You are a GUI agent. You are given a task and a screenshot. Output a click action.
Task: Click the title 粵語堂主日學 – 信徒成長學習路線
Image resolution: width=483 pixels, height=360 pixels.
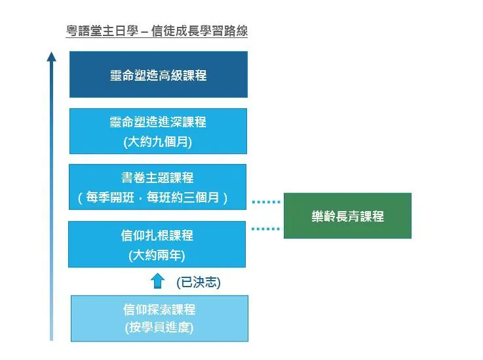tap(157, 31)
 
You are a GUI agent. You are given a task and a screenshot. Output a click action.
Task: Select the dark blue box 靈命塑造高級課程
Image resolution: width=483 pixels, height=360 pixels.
tap(158, 75)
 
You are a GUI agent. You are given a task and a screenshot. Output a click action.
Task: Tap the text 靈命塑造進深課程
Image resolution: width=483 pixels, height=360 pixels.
tap(158, 122)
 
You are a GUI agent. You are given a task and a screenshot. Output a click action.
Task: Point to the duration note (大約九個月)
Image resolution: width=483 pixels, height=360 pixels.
tap(158, 141)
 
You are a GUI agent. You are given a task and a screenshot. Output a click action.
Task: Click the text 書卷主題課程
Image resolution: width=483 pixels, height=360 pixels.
tap(158, 178)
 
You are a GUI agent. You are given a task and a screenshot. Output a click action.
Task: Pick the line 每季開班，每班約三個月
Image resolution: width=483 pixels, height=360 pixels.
tap(158, 197)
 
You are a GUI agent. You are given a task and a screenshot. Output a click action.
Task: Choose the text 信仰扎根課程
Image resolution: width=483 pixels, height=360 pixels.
tap(158, 235)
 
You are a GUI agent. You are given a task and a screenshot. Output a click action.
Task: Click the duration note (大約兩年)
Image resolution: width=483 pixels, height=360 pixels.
tap(158, 254)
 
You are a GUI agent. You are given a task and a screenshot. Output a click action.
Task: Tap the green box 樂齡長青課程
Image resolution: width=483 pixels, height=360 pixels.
tap(347, 216)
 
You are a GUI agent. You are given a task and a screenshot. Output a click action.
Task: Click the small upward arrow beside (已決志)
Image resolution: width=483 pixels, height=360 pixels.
tap(158, 281)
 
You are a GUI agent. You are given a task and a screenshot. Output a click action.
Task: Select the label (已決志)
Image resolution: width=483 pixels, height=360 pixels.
tap(199, 282)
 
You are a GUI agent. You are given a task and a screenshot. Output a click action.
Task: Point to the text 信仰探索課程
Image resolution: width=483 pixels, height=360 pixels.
tap(159, 310)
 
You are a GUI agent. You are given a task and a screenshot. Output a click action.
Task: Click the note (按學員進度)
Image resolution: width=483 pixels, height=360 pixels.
tap(159, 328)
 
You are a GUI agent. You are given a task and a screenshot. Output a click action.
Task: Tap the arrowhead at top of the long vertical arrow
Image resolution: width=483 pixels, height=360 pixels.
tap(52, 56)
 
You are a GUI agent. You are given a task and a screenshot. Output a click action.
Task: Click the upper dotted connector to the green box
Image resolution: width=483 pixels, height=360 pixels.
tap(266, 202)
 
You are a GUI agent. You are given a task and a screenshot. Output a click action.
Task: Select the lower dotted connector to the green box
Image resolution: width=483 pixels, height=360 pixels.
tap(266, 229)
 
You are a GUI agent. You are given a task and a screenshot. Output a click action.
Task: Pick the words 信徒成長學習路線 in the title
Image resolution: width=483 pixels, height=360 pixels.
tap(199, 31)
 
